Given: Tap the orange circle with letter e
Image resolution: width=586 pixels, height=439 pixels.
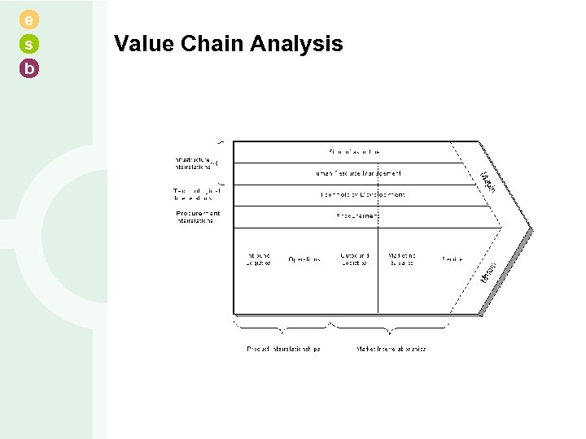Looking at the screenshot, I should [29, 19].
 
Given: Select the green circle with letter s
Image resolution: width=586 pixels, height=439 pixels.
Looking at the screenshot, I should [29, 44].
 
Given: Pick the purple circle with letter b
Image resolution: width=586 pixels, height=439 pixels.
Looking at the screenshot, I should [29, 69].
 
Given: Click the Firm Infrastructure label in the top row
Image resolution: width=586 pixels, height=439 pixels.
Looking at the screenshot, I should [355, 152].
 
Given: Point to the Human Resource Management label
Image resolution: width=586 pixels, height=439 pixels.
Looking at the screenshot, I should [358, 173].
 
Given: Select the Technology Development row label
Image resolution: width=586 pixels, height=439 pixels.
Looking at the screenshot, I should [361, 195].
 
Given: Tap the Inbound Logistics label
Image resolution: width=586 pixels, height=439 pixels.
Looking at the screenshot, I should [258, 259].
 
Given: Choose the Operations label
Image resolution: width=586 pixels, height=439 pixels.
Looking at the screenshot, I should [304, 259].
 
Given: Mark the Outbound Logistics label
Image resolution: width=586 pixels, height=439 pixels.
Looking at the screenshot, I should [354, 259].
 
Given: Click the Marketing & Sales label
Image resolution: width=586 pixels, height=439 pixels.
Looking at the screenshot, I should [402, 259].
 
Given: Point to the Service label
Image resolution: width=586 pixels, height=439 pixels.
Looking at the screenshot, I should [452, 259].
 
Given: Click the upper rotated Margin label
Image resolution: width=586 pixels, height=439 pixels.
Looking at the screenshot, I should [486, 182].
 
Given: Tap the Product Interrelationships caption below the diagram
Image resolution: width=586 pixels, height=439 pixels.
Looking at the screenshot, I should [283, 349].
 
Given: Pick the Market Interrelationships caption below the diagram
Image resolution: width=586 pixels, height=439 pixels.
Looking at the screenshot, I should [391, 349].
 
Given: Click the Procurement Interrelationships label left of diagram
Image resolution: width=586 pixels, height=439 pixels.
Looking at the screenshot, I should [197, 217].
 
